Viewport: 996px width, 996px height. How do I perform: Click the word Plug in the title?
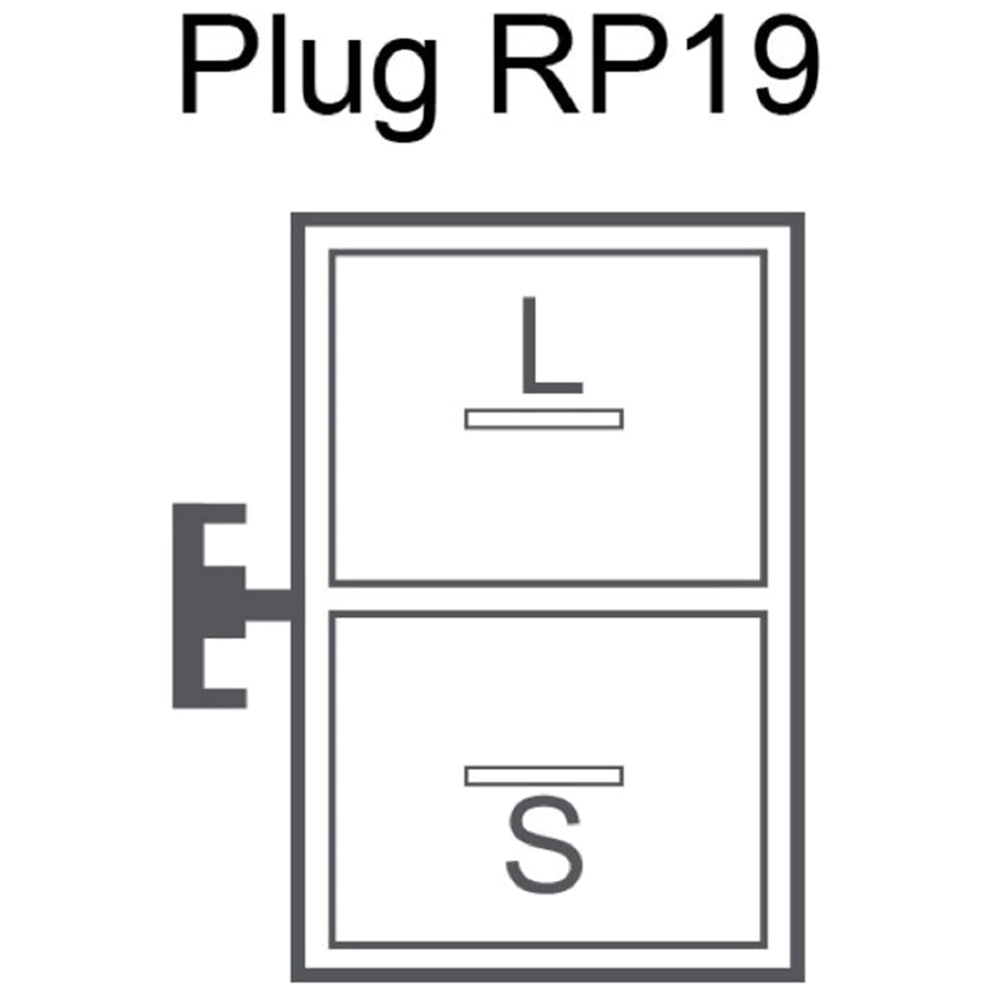click(x=308, y=77)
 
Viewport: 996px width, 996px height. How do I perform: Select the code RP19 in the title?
click(x=656, y=64)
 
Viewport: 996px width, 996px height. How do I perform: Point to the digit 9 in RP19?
click(x=787, y=65)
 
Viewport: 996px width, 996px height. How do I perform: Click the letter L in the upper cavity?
click(x=553, y=345)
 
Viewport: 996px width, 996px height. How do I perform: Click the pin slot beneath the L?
click(x=544, y=419)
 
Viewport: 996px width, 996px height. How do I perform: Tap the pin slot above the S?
click(x=544, y=776)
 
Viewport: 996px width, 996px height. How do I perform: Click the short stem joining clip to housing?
click(x=268, y=604)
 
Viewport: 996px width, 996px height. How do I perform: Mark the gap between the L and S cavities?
click(x=548, y=599)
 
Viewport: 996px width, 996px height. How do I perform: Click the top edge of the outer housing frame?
click(x=548, y=219)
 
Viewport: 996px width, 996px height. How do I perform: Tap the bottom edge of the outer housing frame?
click(x=548, y=975)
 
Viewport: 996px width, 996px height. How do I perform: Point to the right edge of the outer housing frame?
click(x=798, y=597)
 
